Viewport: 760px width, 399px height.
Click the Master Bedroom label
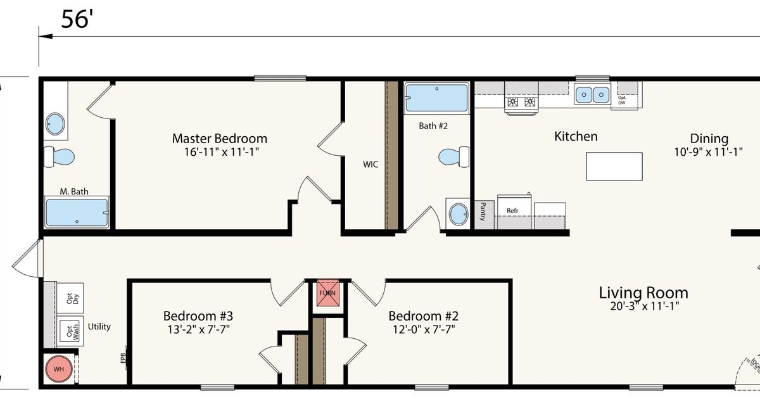219,138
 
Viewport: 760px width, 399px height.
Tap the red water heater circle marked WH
58,369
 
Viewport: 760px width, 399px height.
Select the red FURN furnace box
327,293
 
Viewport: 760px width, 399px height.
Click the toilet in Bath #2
454,155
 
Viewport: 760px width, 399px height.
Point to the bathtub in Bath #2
436,98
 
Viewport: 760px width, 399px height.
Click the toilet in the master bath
58,155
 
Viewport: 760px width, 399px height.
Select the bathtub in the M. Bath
76,213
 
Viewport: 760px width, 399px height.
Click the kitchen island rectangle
614,167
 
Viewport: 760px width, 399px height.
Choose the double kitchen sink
592,95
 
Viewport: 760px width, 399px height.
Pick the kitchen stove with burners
521,103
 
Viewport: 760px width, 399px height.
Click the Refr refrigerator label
512,210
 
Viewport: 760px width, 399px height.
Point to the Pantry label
483,210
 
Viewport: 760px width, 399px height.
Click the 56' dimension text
77,20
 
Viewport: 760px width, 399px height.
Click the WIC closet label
370,165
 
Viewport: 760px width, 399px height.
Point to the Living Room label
643,293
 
